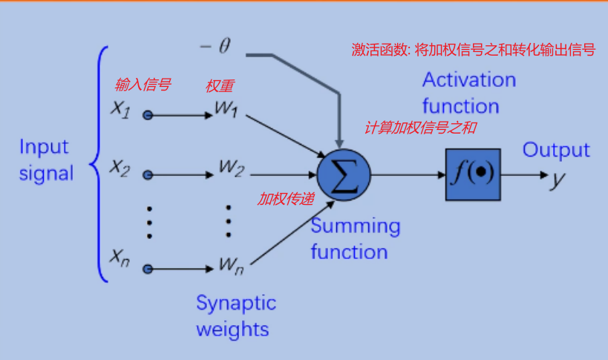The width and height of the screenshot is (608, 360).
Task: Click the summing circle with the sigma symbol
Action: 343,174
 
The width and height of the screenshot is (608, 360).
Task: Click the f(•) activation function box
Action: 472,174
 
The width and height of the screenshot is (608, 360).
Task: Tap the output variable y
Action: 556,179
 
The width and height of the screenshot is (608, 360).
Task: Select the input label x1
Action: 120,109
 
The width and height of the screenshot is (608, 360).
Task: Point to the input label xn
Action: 120,258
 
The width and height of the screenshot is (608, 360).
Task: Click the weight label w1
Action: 226,109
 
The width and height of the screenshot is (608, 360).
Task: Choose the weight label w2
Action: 231,168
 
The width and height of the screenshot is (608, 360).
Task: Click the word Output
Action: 555,150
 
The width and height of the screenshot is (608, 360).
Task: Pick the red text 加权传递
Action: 286,198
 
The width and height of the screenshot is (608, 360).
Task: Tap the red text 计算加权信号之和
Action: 419,128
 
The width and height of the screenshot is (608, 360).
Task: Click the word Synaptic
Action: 235,303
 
